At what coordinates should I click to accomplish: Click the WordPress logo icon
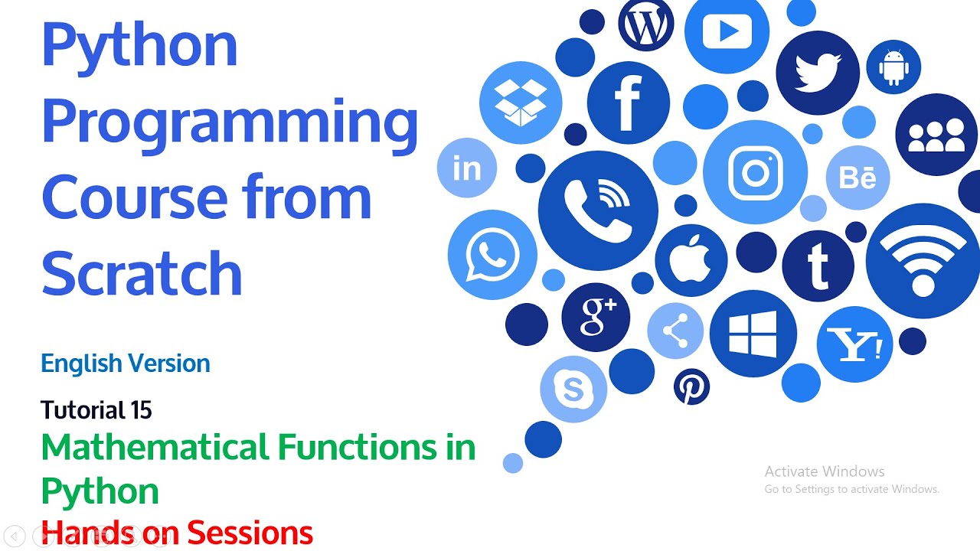pyautogui.click(x=645, y=25)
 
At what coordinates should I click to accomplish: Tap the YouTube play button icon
pyautogui.click(x=727, y=31)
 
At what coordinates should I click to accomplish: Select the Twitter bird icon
pyautogui.click(x=818, y=73)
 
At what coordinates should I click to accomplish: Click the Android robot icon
pyautogui.click(x=893, y=67)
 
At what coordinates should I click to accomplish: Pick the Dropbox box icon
pyautogui.click(x=521, y=103)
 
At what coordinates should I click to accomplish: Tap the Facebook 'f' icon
pyautogui.click(x=628, y=103)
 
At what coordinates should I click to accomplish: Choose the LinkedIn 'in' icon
pyautogui.click(x=467, y=168)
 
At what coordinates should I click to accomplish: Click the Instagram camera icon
pyautogui.click(x=755, y=172)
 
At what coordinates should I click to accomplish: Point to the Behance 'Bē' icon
pyautogui.click(x=857, y=178)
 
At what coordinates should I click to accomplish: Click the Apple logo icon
pyautogui.click(x=691, y=260)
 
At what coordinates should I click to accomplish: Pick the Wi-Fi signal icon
pyautogui.click(x=922, y=259)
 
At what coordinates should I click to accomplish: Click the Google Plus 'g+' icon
pyautogui.click(x=596, y=317)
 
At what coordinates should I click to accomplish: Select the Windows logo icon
pyautogui.click(x=753, y=334)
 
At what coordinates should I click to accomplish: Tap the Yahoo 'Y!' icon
pyautogui.click(x=855, y=344)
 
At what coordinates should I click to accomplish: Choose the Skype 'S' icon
pyautogui.click(x=573, y=390)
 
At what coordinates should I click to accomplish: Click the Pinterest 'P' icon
pyautogui.click(x=691, y=387)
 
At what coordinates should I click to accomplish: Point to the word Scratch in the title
pyautogui.click(x=142, y=272)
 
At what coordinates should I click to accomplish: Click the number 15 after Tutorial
pyautogui.click(x=140, y=411)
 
